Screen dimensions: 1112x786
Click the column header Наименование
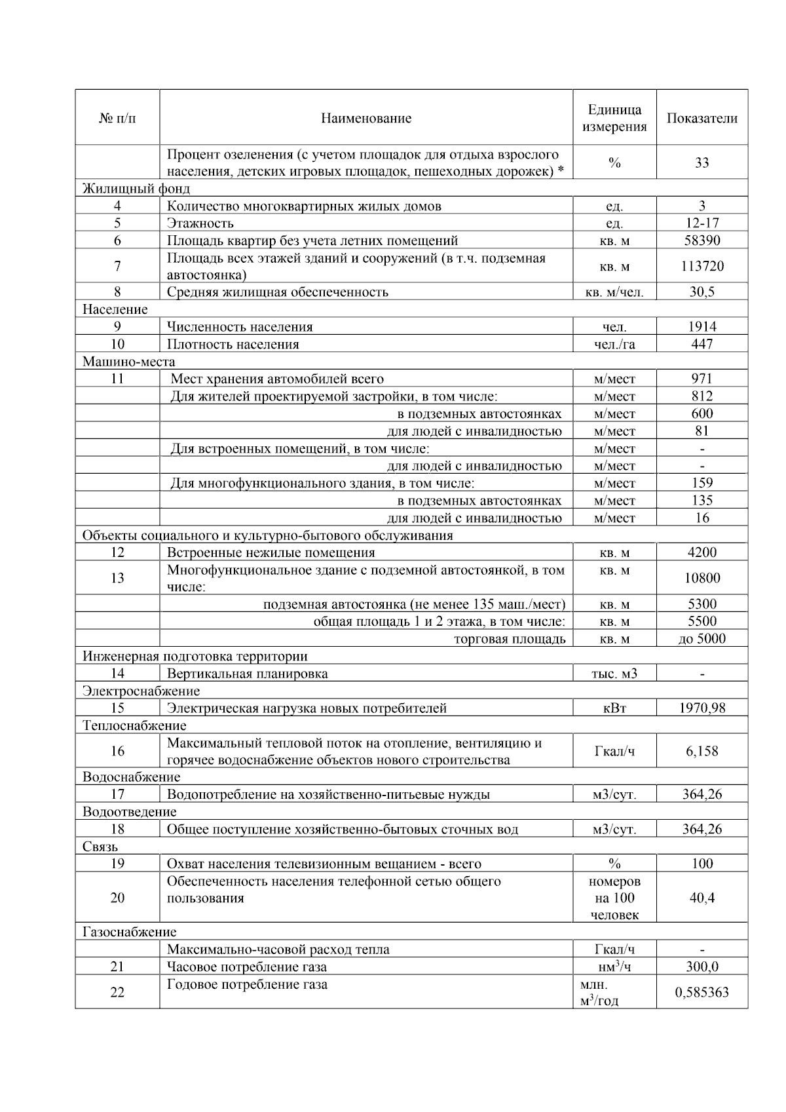point(365,119)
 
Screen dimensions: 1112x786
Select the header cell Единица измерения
point(614,119)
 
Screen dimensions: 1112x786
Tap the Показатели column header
point(702,119)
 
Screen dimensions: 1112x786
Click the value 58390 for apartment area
point(702,240)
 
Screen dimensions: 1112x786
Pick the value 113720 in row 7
point(702,266)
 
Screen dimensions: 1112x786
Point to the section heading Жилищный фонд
point(136,189)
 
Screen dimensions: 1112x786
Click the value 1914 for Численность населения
point(702,327)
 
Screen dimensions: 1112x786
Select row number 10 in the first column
point(117,344)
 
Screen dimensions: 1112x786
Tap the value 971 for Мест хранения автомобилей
point(702,379)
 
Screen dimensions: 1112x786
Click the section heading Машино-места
point(128,362)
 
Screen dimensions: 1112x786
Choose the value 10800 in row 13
point(702,578)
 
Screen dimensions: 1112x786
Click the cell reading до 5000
point(702,639)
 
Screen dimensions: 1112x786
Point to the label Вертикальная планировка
point(247,674)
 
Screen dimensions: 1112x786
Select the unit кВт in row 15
point(614,708)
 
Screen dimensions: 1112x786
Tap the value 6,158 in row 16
point(702,752)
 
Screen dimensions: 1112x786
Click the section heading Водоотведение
point(129,812)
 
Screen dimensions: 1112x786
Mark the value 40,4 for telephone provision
point(702,898)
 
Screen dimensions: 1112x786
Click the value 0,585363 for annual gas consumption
point(702,992)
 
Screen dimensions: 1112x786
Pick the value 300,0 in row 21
point(702,967)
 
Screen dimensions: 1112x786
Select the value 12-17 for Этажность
point(702,223)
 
